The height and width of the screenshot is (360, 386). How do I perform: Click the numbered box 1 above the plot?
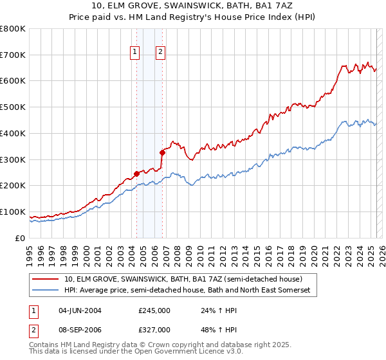tap(136, 53)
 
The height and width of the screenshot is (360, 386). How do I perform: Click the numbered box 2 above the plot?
tap(160, 53)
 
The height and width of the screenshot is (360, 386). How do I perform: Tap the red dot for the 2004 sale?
tap(136, 173)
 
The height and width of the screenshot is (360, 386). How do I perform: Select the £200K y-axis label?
tap(13, 186)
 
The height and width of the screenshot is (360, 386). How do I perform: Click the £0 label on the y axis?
tap(19, 238)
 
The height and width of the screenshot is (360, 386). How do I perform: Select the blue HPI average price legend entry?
tap(187, 291)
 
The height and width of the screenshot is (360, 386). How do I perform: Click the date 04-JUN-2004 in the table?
tap(80, 310)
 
